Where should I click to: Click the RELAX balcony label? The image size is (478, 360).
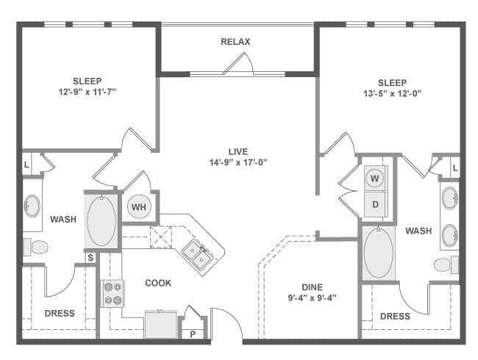pyautogui.click(x=235, y=42)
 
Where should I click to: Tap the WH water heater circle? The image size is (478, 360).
pyautogui.click(x=139, y=207)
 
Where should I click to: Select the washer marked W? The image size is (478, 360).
pyautogui.click(x=375, y=178)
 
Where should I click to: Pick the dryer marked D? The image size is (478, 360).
pyautogui.click(x=375, y=204)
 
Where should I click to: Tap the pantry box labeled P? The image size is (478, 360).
pyautogui.click(x=193, y=333)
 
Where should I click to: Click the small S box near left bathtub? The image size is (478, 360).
pyautogui.click(x=91, y=257)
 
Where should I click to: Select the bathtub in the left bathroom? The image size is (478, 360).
pyautogui.click(x=101, y=219)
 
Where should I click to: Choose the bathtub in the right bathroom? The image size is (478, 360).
pyautogui.click(x=378, y=252)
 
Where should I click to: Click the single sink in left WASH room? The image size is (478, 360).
pyautogui.click(x=32, y=206)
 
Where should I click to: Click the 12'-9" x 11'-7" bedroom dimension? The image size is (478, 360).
pyautogui.click(x=88, y=93)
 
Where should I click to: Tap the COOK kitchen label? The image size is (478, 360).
pyautogui.click(x=158, y=283)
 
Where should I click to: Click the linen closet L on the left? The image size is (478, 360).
pyautogui.click(x=27, y=165)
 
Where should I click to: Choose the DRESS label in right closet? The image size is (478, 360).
pyautogui.click(x=396, y=317)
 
